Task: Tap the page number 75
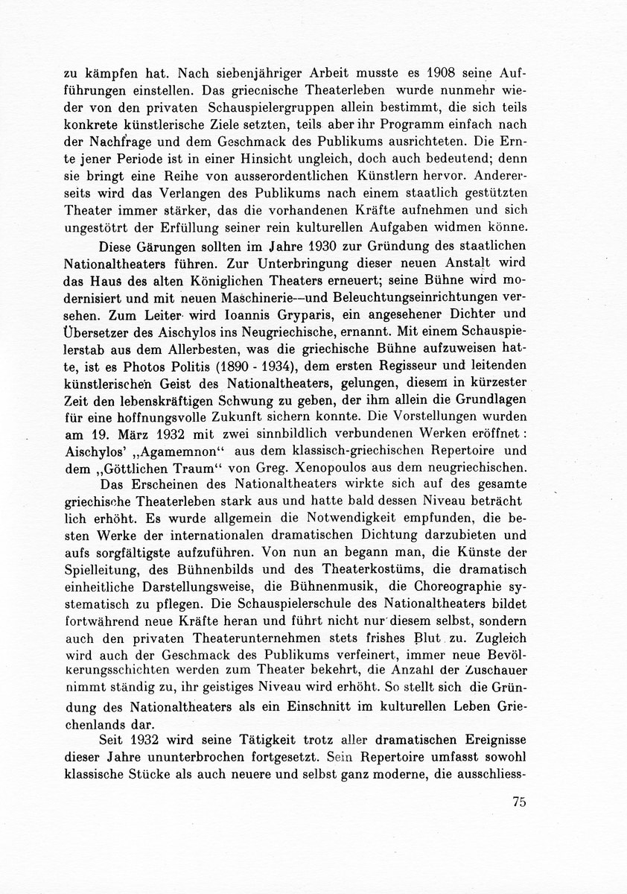520,802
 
